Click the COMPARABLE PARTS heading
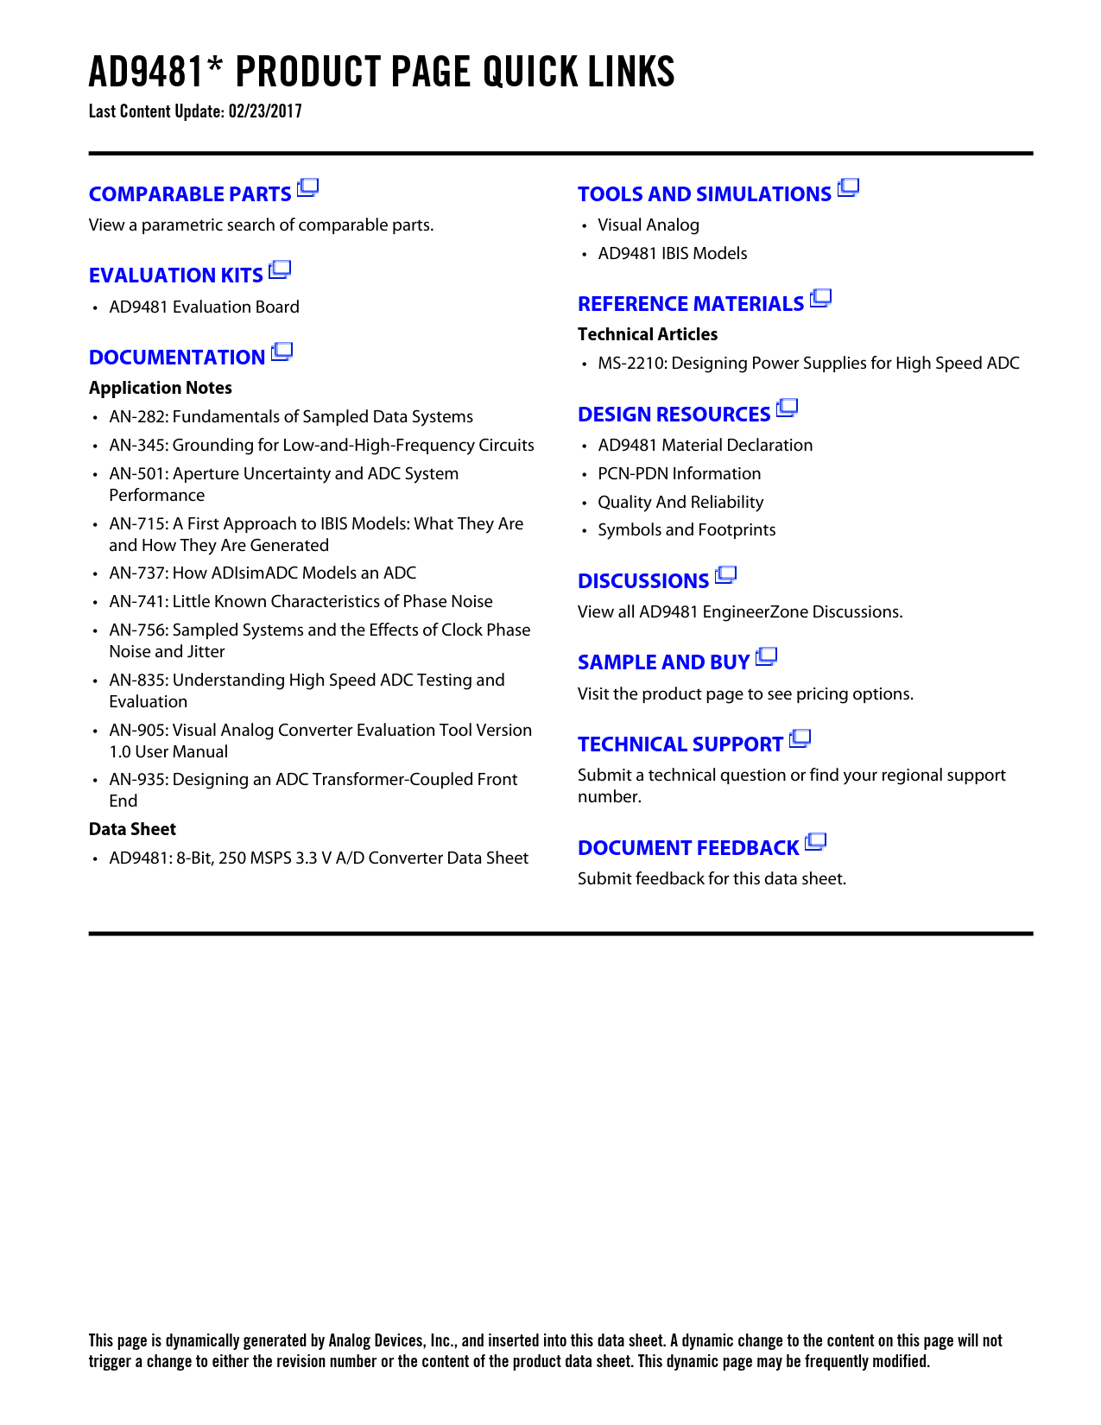point(190,194)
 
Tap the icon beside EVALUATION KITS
point(280,270)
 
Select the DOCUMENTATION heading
point(177,358)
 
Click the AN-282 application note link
point(291,416)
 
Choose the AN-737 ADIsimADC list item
point(263,573)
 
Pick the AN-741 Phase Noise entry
point(301,601)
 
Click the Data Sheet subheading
point(132,829)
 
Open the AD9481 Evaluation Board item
point(204,307)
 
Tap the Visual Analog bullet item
point(649,225)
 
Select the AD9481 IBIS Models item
point(673,253)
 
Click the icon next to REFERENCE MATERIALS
point(820,299)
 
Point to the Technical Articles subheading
point(648,334)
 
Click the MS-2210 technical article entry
point(808,363)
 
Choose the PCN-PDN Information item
point(680,473)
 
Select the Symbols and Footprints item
point(687,529)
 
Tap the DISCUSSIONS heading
point(643,581)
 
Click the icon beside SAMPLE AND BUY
point(766,657)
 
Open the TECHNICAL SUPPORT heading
point(680,744)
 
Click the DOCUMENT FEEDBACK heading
point(688,848)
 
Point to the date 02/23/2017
point(265,111)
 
